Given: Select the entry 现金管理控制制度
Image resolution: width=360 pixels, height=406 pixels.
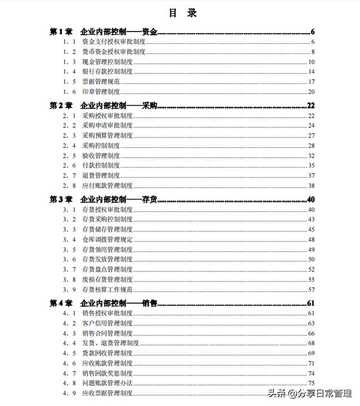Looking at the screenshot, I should point(107,62).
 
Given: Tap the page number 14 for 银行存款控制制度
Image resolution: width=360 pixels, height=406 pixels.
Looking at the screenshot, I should point(310,72).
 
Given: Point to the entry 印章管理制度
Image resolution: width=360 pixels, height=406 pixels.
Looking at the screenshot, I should point(101,92).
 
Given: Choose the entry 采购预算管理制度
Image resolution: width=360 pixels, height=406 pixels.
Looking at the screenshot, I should point(107,136).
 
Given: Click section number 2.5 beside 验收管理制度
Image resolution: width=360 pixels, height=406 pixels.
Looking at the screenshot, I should point(70,156).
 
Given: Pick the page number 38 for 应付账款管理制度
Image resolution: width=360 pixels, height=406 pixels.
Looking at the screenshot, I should point(310,186).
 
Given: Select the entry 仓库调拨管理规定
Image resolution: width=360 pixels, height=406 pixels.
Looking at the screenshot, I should point(107,240).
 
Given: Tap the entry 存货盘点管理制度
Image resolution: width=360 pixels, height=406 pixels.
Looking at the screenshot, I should point(107,269).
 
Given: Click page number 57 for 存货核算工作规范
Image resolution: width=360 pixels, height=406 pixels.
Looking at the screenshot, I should point(310,290).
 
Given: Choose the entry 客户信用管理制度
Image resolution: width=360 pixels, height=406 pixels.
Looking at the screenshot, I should point(107,323).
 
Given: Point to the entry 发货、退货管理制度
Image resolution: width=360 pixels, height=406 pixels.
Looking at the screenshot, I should point(110,343).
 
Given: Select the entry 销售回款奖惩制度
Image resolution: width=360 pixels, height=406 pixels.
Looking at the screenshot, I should point(107,373).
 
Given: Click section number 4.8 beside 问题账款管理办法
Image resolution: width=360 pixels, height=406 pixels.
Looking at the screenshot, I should point(70,383).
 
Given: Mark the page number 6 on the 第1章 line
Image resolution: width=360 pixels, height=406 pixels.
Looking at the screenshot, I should point(312,32).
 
